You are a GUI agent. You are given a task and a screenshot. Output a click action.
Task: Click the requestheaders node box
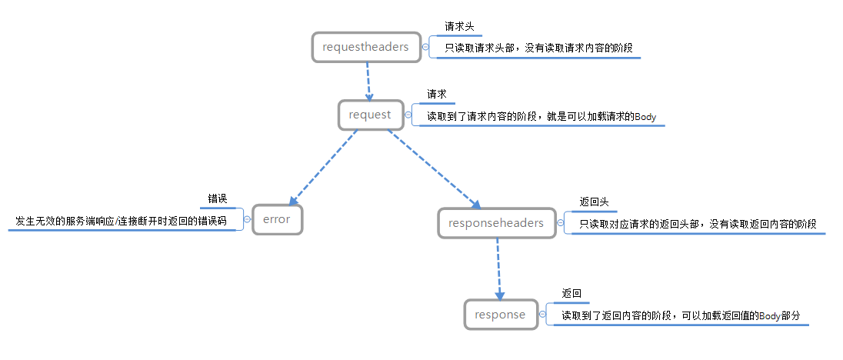[366, 47]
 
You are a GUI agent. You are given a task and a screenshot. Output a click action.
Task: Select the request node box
[370, 115]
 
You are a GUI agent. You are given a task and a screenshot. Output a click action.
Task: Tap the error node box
[277, 219]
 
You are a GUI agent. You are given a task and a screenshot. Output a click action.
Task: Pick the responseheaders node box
[496, 223]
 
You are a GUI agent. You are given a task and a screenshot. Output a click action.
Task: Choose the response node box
[500, 315]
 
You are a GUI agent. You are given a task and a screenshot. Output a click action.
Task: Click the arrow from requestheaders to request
[368, 80]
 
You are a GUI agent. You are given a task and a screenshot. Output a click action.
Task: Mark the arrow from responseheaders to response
[498, 269]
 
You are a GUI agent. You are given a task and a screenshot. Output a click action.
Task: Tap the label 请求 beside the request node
[437, 95]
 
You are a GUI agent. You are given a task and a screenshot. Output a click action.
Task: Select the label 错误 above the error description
[218, 198]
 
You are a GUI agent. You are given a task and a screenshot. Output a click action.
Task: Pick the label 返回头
[594, 202]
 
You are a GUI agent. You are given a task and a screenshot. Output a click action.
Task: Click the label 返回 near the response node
[571, 294]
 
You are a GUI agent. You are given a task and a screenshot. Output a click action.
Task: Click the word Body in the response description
[770, 316]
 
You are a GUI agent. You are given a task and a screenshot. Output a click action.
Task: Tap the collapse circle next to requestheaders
[426, 47]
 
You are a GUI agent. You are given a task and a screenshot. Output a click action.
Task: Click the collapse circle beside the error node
[247, 219]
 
